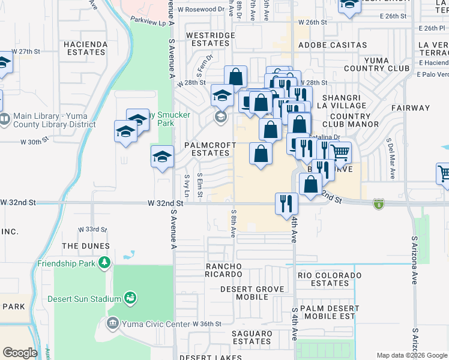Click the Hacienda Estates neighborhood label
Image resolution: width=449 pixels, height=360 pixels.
85,48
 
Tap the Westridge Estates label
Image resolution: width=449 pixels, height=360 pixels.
210,40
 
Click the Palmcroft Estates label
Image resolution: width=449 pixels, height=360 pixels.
208,149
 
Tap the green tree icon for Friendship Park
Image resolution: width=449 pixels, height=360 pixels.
104,263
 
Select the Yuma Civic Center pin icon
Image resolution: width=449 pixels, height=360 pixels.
112,324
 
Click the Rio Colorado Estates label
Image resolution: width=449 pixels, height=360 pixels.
330,279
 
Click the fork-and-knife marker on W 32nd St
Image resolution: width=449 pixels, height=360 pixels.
286,203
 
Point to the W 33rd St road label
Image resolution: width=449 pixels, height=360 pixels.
92,230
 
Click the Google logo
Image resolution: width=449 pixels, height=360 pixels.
20,352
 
